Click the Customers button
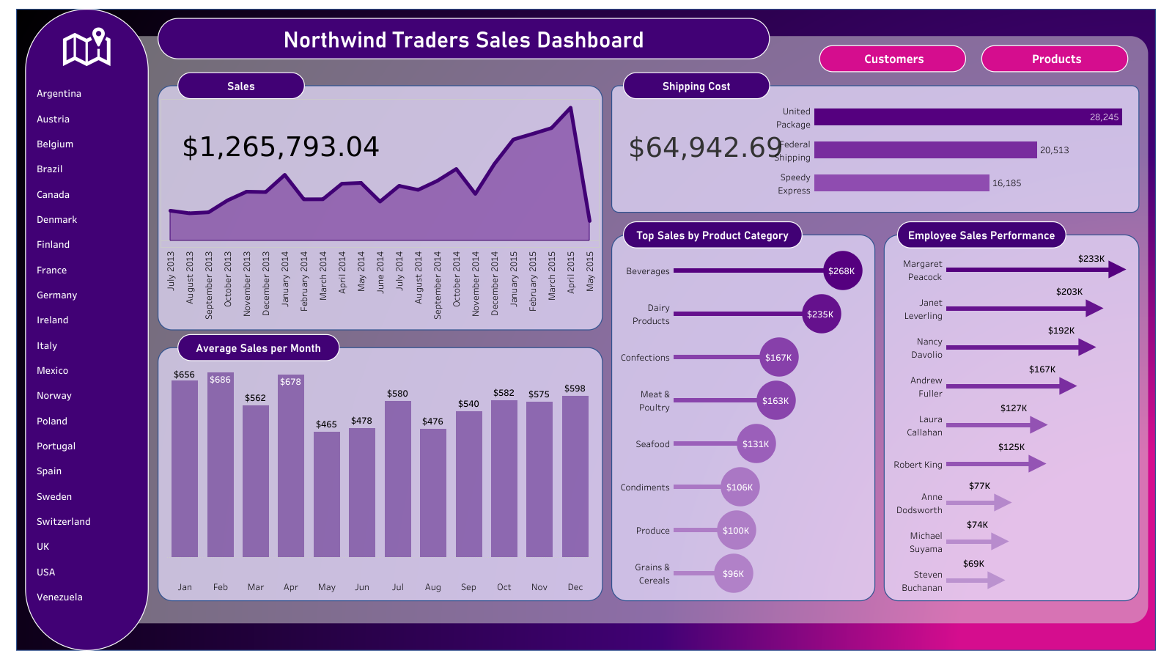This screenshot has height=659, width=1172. (x=893, y=59)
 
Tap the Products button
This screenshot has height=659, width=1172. (x=1055, y=59)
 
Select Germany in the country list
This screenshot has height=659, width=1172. (x=56, y=295)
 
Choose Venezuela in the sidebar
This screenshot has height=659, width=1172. (x=59, y=597)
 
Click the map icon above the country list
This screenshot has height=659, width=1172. (x=86, y=48)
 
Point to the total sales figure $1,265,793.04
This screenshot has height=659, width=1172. (x=281, y=147)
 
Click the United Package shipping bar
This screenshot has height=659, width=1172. (x=968, y=117)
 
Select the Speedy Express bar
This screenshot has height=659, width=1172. (x=902, y=183)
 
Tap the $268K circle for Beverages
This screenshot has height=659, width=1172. (x=842, y=270)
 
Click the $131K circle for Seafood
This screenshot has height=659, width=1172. (x=756, y=443)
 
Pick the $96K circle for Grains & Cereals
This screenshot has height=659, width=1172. (x=733, y=573)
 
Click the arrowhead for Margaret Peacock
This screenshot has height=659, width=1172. (x=1116, y=270)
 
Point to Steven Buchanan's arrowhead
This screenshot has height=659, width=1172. (x=995, y=581)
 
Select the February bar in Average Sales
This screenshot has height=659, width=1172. (x=220, y=469)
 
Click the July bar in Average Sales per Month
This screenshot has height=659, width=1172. (x=397, y=480)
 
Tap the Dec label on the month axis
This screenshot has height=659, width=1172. (x=575, y=587)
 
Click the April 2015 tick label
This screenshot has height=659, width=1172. (x=571, y=273)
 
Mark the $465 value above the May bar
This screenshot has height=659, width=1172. (x=326, y=424)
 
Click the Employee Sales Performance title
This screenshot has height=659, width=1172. (x=981, y=235)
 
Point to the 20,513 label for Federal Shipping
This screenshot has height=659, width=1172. (x=1054, y=150)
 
